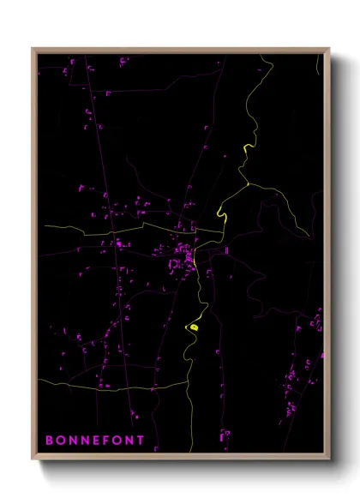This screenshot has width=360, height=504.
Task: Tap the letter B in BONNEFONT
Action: [49, 440]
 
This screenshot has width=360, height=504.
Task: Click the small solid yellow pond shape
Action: [195, 326]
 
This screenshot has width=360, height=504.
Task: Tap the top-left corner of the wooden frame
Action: [33, 48]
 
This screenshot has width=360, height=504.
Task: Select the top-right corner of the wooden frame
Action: [329, 48]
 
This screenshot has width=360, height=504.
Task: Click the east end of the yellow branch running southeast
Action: [311, 238]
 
